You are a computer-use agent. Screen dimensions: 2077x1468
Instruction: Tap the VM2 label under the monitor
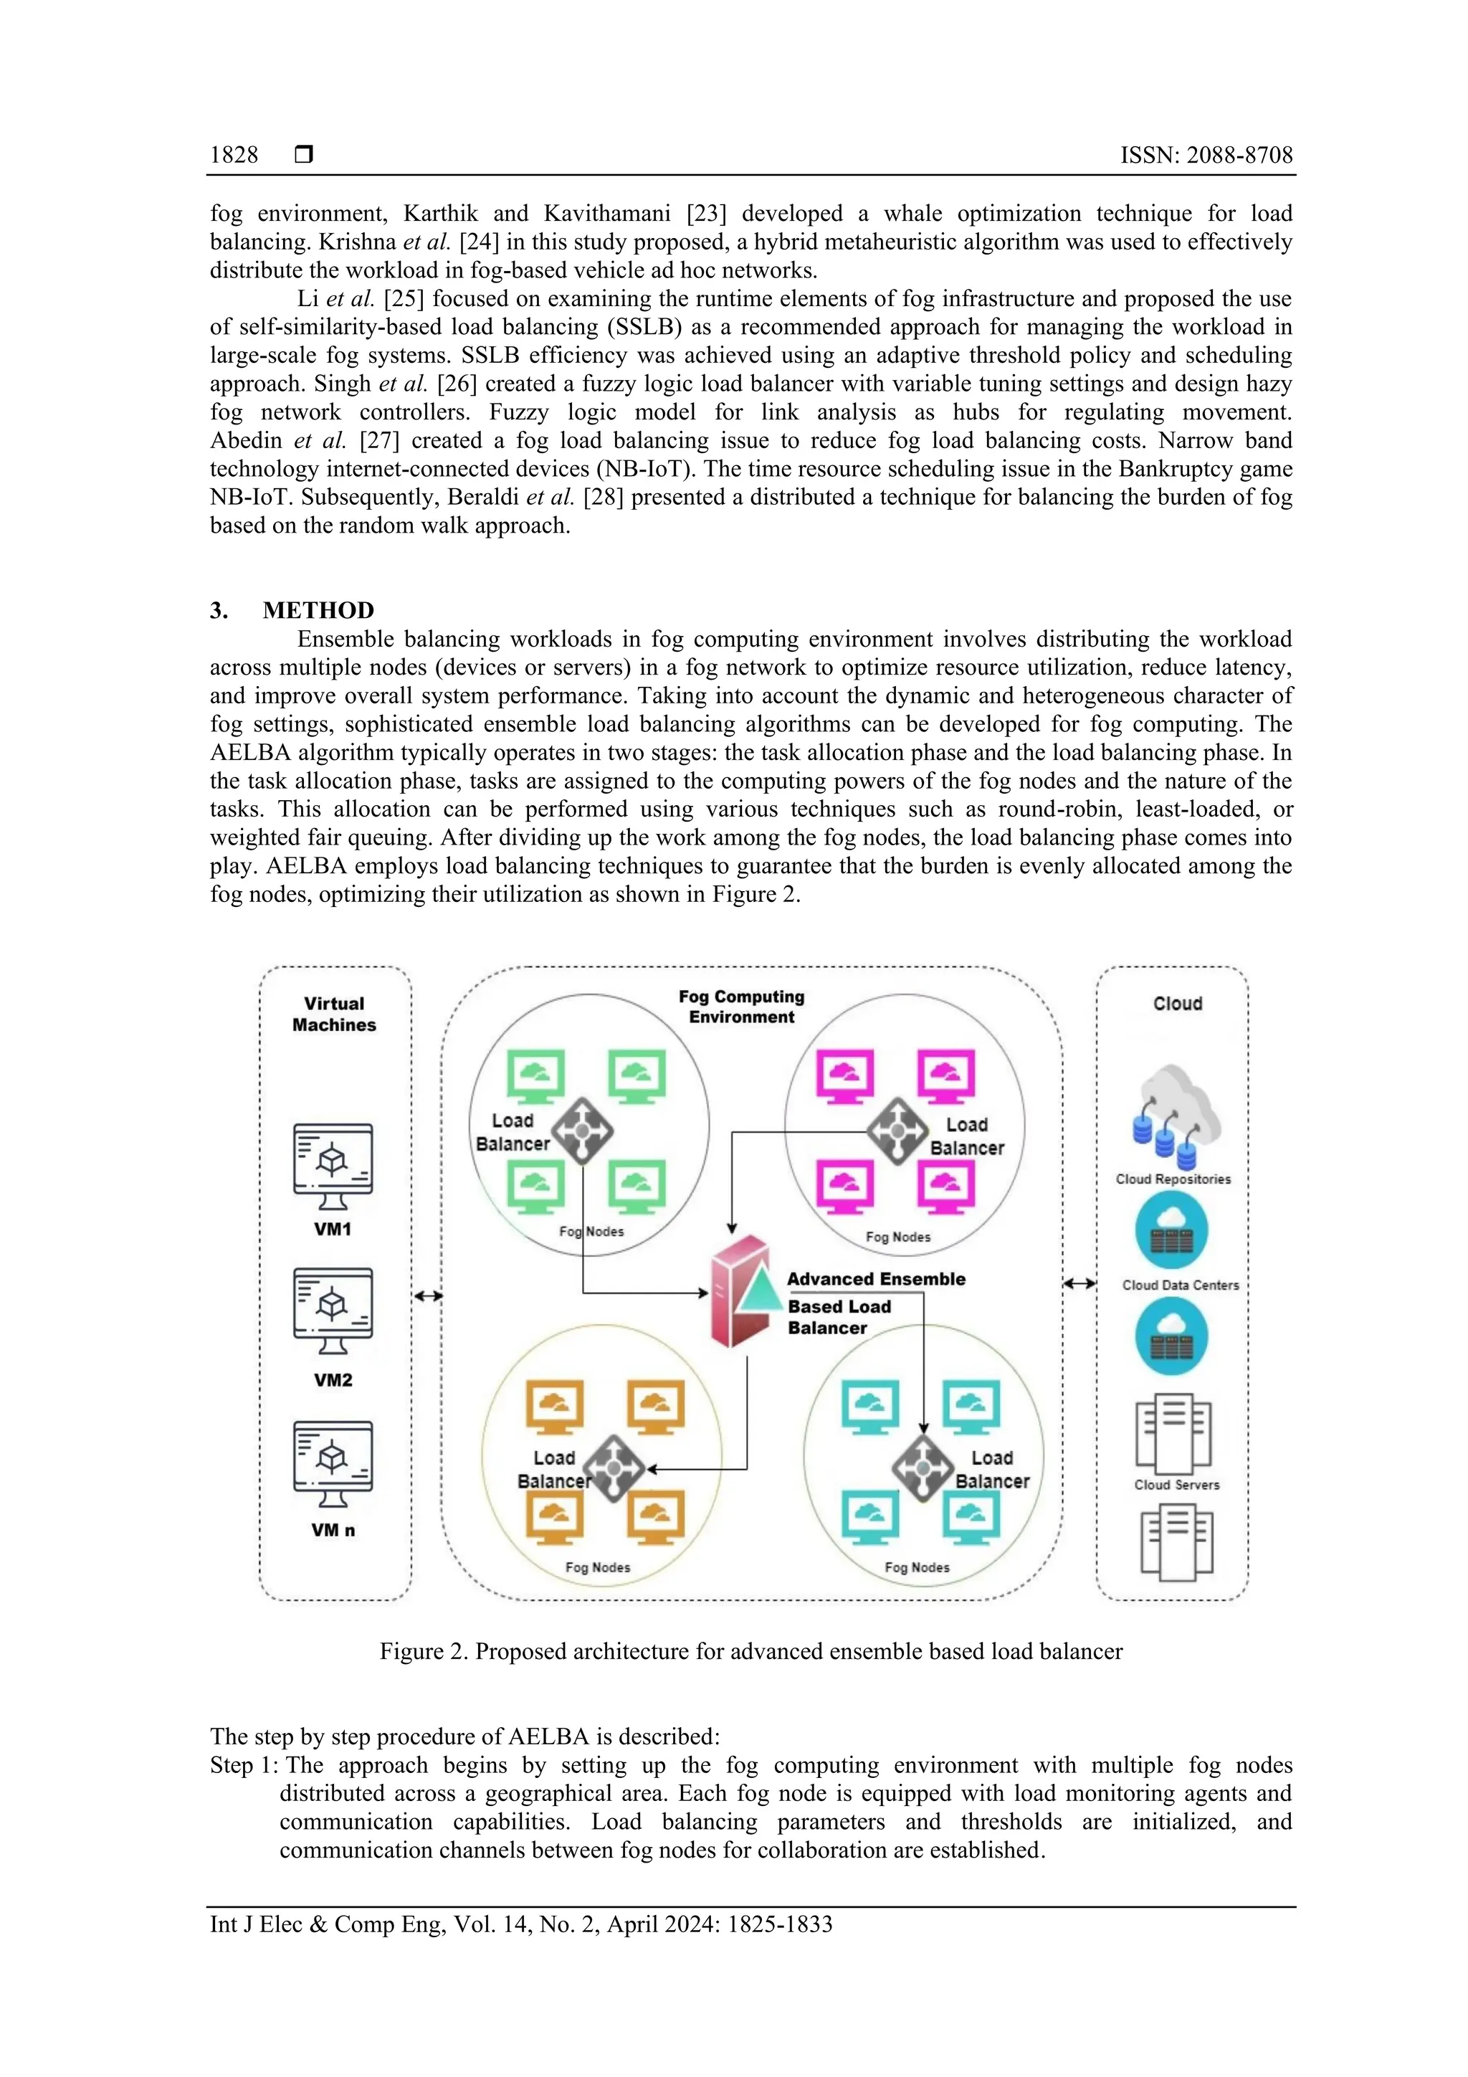coord(333,1379)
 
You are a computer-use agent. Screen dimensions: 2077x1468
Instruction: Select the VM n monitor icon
coord(333,1463)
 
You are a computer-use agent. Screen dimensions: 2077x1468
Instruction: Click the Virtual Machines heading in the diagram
coord(334,1014)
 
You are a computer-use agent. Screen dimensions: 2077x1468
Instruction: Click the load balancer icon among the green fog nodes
coord(583,1131)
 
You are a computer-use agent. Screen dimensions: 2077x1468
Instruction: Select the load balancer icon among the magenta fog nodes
coord(897,1131)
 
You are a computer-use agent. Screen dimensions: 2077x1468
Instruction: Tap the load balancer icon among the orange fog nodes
coord(615,1468)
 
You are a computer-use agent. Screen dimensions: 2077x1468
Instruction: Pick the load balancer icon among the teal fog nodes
coord(923,1468)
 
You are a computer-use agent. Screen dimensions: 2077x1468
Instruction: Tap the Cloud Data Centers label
coord(1181,1285)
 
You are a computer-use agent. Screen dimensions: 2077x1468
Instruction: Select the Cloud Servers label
coord(1177,1485)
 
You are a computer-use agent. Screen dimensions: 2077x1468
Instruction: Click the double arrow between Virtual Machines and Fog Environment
coord(428,1296)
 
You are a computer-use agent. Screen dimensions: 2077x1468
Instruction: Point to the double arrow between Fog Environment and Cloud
coord(1079,1283)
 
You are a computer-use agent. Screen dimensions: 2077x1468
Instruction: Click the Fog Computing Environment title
coord(742,1006)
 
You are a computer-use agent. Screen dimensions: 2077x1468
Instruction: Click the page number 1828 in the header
coord(234,155)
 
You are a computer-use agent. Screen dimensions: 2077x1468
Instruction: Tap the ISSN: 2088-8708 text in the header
coord(1206,155)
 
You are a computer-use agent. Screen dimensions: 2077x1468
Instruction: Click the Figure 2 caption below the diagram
coord(750,1651)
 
